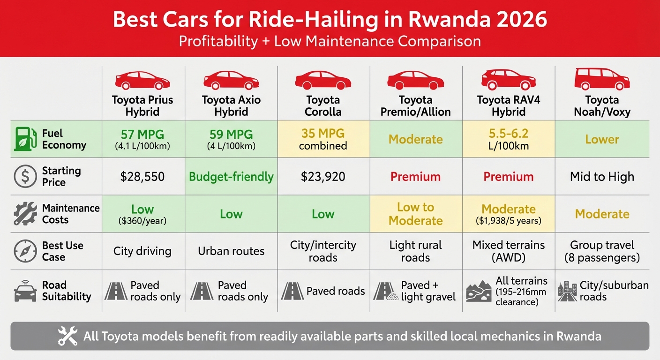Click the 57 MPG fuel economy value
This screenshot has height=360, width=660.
click(x=142, y=135)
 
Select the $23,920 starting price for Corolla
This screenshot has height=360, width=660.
click(x=323, y=177)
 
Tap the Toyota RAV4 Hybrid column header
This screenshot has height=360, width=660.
click(x=509, y=106)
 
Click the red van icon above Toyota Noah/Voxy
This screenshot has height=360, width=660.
click(x=602, y=79)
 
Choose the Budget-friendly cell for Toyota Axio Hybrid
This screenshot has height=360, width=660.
click(x=231, y=177)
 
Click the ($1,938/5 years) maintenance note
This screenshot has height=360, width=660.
click(x=509, y=221)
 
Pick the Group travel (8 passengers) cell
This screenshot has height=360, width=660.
click(x=602, y=251)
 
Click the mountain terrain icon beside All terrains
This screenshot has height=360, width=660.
click(x=479, y=291)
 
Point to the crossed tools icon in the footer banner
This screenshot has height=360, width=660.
click(x=67, y=336)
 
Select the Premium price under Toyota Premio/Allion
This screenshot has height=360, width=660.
click(x=415, y=177)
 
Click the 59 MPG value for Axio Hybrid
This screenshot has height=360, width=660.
click(x=231, y=135)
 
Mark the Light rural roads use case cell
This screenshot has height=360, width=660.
click(x=415, y=251)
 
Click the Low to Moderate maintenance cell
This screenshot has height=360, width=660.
click(x=415, y=214)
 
